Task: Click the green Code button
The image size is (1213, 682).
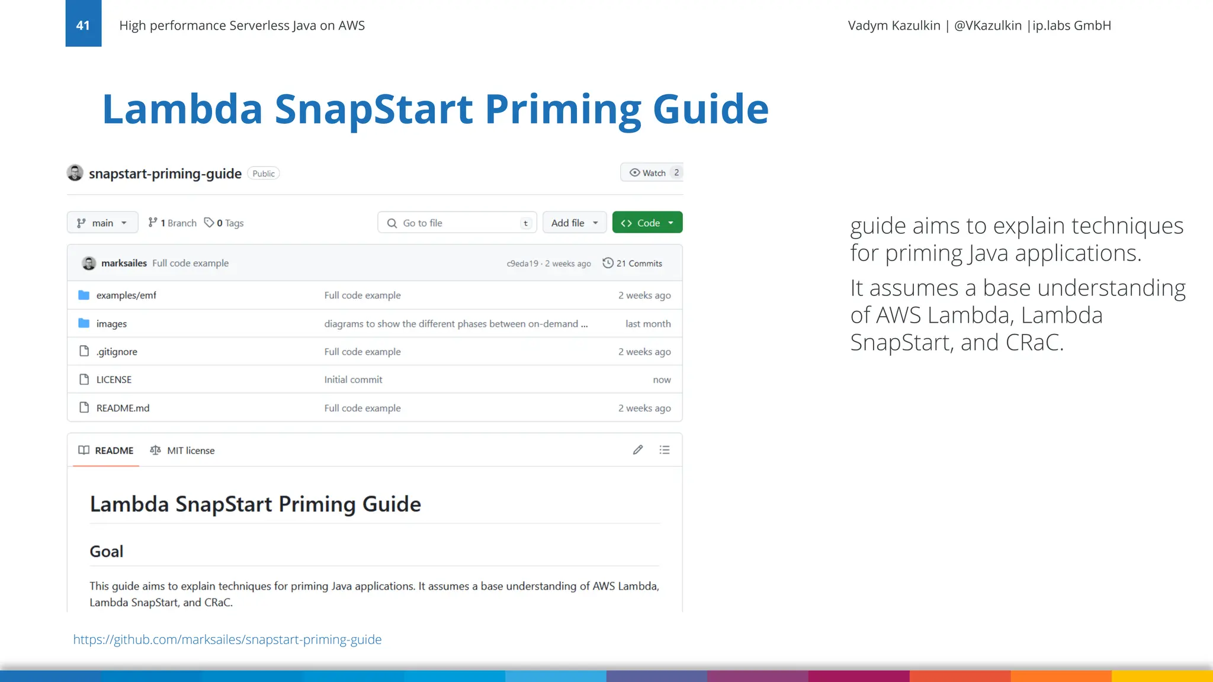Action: pos(647,223)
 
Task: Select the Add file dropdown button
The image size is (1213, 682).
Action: pos(574,223)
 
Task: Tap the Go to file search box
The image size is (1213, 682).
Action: pos(457,223)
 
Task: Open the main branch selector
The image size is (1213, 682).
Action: pos(102,223)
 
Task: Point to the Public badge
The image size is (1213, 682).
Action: pos(263,173)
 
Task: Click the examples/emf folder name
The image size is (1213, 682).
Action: pos(126,295)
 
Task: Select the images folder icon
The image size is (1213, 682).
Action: pos(84,323)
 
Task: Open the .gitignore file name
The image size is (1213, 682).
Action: pos(117,352)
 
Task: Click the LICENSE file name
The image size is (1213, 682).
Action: pos(114,379)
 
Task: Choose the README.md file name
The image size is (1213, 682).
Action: pos(123,408)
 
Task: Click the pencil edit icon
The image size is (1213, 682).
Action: pos(638,450)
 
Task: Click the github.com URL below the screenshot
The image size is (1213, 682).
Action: pos(227,639)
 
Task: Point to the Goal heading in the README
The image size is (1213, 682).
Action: pos(107,552)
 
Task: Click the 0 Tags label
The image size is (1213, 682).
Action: pos(224,223)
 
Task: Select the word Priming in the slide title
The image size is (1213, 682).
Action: pos(563,110)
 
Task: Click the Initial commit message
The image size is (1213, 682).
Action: pos(353,379)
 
